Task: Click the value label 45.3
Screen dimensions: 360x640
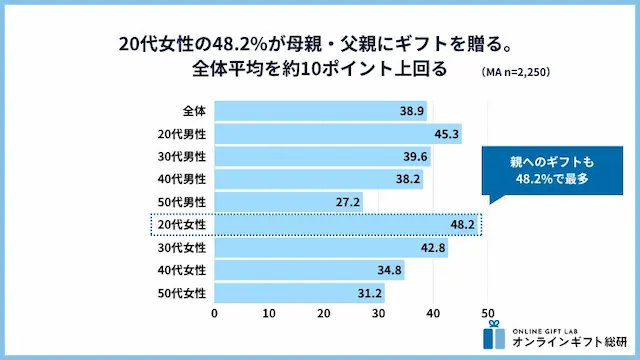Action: click(x=447, y=133)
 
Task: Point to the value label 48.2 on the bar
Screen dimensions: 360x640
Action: click(x=462, y=225)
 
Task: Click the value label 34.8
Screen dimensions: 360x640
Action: click(x=390, y=271)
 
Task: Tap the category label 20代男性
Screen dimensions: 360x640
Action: click(x=181, y=133)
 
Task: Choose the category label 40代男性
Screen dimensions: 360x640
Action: click(x=181, y=179)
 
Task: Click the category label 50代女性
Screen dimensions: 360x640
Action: click(x=181, y=294)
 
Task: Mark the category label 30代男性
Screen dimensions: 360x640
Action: click(x=181, y=156)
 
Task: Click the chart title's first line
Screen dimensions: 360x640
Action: click(x=319, y=45)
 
